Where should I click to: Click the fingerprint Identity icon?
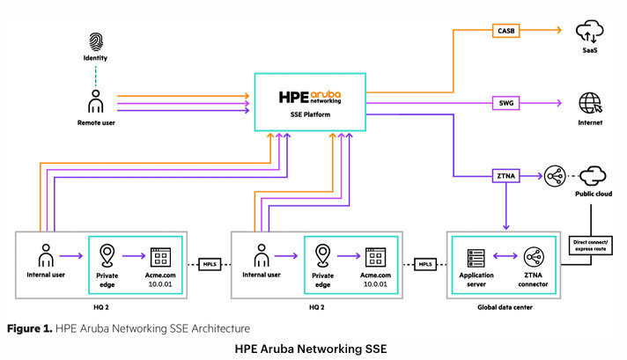(x=95, y=40)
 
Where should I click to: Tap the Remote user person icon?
(x=95, y=102)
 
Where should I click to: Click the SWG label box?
(x=505, y=104)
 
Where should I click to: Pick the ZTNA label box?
(x=506, y=176)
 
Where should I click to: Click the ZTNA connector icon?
(x=534, y=257)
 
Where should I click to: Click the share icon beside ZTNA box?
(x=555, y=176)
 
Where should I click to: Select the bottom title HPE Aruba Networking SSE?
(x=312, y=349)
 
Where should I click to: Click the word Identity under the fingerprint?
(x=95, y=60)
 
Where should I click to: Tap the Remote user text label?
(x=95, y=122)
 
